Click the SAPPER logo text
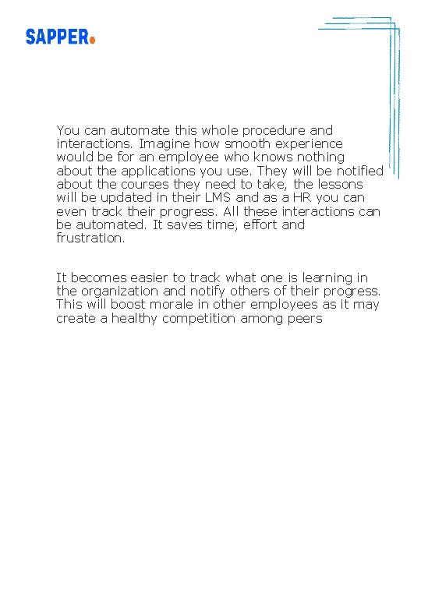[56, 37]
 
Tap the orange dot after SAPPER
[92, 40]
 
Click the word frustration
[90, 239]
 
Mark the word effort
[255, 224]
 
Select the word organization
[121, 291]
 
